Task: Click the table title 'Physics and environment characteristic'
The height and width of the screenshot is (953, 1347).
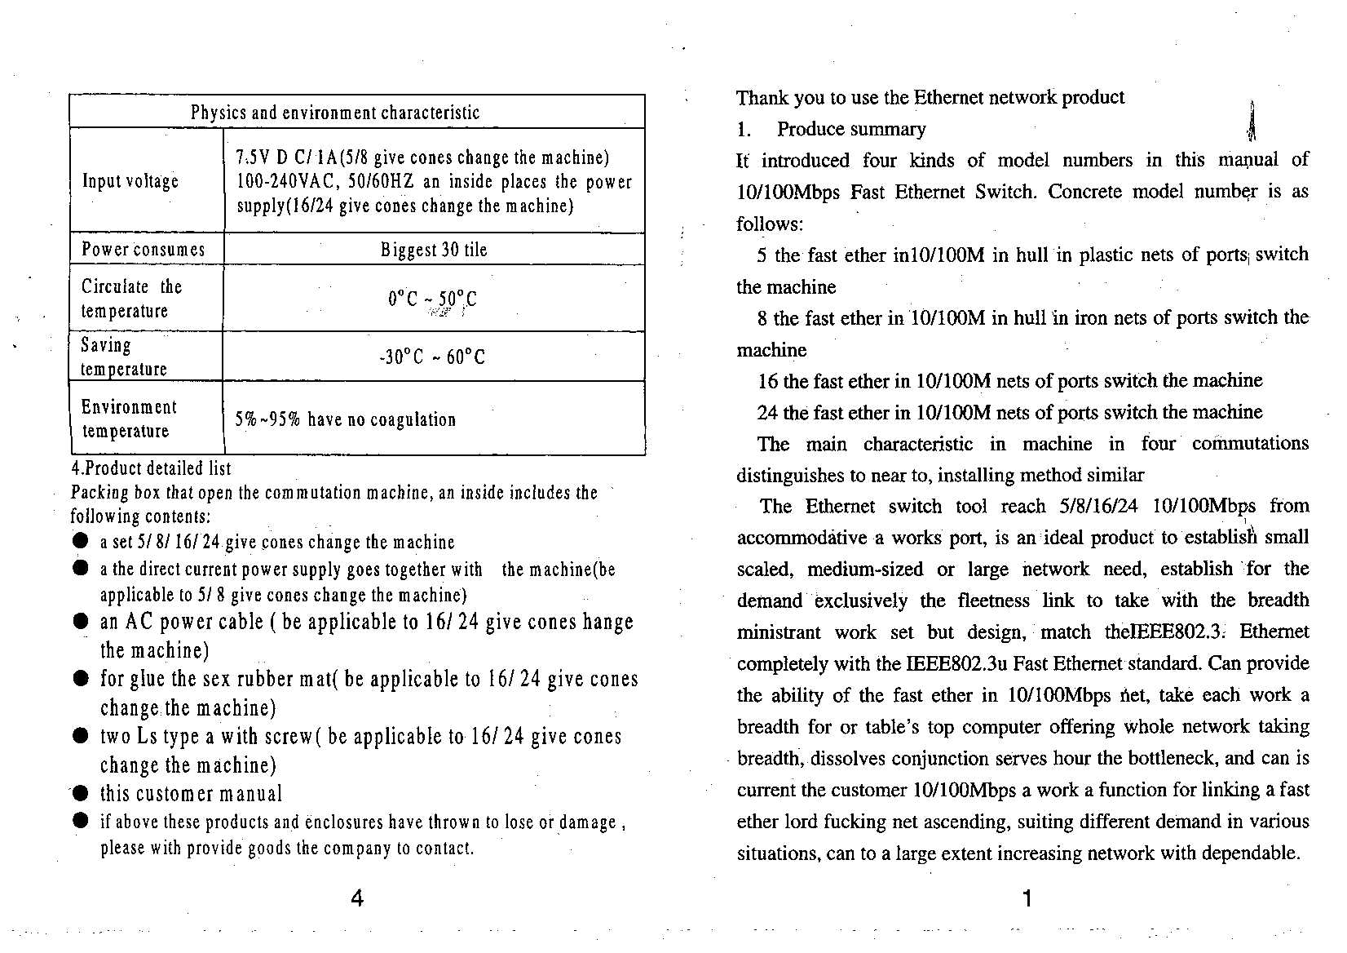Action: tap(335, 113)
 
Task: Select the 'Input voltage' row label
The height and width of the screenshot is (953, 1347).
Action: tap(130, 181)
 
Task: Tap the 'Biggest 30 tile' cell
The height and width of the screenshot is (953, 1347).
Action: tap(434, 250)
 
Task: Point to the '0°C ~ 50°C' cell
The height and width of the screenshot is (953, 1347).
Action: tap(432, 299)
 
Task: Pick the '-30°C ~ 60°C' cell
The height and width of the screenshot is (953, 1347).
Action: tap(432, 357)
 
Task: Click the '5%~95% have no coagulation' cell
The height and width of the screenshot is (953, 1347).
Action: tap(346, 419)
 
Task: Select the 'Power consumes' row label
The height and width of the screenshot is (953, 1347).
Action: tap(144, 250)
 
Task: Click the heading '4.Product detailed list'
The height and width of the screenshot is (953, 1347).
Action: tap(151, 468)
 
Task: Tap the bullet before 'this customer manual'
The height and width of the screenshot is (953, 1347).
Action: tap(80, 793)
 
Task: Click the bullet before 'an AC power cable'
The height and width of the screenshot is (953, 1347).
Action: tap(80, 622)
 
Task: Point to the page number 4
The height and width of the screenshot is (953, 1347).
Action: tap(357, 898)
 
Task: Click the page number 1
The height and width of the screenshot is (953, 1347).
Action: tap(1027, 898)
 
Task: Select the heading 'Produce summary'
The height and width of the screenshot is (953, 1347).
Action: tap(851, 129)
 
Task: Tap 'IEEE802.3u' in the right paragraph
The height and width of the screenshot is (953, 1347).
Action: tap(956, 663)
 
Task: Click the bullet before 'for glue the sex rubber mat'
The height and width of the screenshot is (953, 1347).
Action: tap(80, 679)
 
